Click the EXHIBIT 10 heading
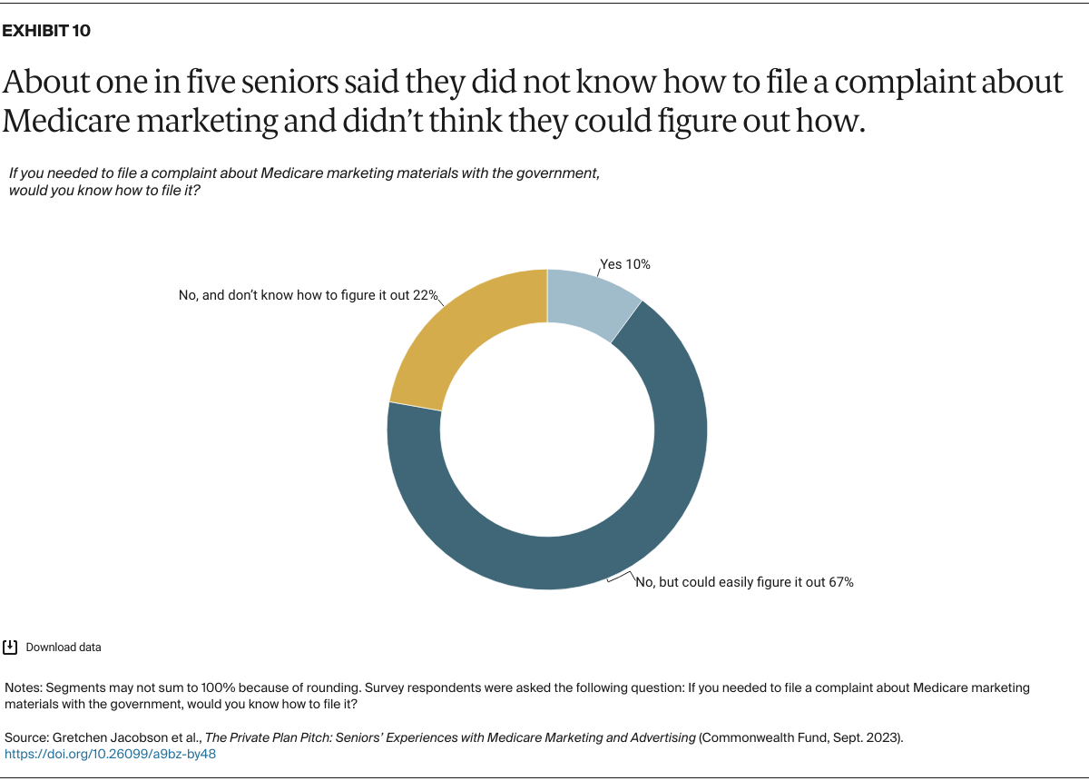pyautogui.click(x=46, y=31)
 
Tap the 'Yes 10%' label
pyautogui.click(x=625, y=264)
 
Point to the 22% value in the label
pyautogui.click(x=427, y=296)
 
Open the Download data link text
pyautogui.click(x=64, y=648)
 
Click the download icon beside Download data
pyautogui.click(x=11, y=648)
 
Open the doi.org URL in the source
pyautogui.click(x=111, y=754)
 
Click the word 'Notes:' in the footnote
pyautogui.click(x=24, y=687)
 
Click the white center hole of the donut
pyautogui.click(x=547, y=430)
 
